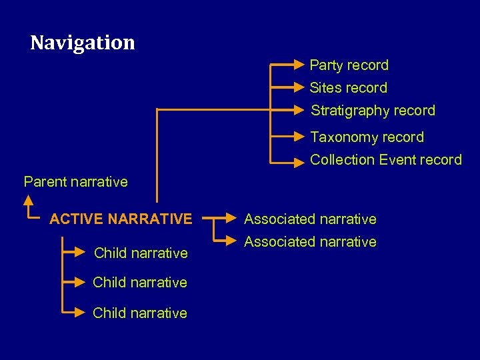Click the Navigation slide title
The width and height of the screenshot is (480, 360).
click(83, 43)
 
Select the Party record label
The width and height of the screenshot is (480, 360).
click(349, 65)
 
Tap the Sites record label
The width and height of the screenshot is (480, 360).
click(348, 88)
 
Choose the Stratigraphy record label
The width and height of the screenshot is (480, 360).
click(373, 111)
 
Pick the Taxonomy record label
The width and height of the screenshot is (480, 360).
click(367, 137)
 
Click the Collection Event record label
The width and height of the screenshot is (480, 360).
click(385, 160)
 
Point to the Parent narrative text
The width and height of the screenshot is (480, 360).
click(75, 181)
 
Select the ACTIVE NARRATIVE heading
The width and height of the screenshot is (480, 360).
click(121, 219)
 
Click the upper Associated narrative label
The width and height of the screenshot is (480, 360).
click(310, 219)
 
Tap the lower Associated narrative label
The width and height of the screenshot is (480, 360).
click(310, 241)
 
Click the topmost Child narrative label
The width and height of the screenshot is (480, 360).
click(141, 253)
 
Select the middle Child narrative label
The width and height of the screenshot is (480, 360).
click(140, 283)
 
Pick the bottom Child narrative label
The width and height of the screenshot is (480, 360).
click(140, 313)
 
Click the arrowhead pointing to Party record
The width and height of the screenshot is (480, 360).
click(299, 65)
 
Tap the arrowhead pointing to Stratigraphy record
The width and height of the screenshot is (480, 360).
click(299, 109)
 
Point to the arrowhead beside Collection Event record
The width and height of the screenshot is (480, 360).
click(299, 160)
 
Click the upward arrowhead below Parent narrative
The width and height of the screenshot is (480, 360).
click(29, 199)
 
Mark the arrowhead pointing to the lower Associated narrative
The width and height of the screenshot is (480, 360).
click(231, 241)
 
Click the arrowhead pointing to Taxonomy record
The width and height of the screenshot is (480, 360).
click(299, 137)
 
